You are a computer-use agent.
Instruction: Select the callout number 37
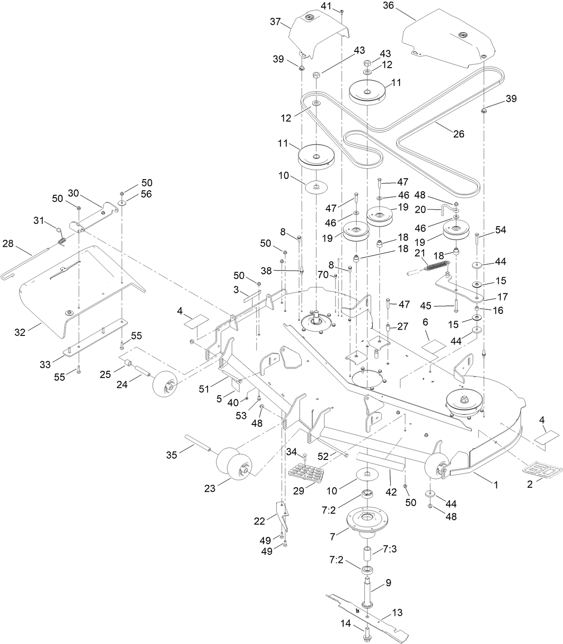(275, 22)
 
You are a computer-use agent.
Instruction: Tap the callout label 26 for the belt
(459, 133)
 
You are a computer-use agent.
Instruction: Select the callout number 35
(171, 455)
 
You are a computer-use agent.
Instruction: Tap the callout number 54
(501, 230)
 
